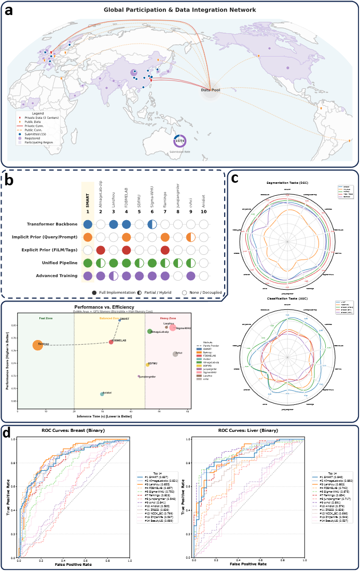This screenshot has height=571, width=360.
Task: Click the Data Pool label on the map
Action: tap(210, 90)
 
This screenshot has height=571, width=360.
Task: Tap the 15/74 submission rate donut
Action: tap(179, 141)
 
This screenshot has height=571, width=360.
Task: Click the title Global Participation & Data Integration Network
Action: tap(179, 10)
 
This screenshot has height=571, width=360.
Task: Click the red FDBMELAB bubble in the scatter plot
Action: tap(111, 342)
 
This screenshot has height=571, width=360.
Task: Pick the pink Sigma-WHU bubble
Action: tap(172, 328)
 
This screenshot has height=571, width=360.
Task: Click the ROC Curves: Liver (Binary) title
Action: tap(251, 431)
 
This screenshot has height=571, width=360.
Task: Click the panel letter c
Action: tap(235, 178)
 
